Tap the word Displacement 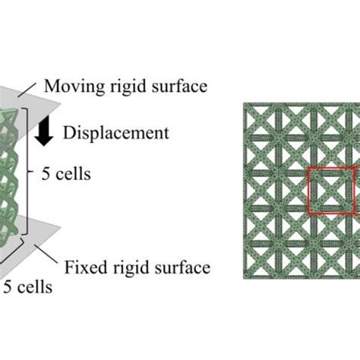126,133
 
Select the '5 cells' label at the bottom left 28,287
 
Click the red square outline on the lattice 308,190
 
